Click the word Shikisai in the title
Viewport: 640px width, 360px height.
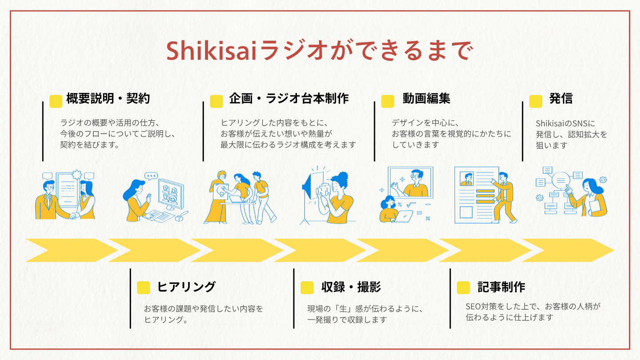pos(212,51)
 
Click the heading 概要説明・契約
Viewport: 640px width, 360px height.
pos(108,99)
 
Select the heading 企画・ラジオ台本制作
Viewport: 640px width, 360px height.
pos(289,99)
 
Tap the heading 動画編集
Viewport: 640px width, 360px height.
pos(426,99)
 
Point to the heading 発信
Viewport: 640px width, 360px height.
pos(561,99)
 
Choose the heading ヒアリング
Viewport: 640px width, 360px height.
pos(186,287)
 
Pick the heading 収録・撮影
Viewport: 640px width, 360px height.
pos(351,287)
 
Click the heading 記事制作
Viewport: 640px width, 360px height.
pos(501,287)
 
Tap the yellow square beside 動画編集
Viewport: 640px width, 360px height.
pos(388,101)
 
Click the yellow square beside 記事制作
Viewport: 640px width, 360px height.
pos(464,288)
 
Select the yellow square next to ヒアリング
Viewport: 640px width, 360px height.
pos(144,288)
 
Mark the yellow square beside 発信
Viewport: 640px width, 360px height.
pos(536,101)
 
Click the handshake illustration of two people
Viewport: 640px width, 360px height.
pos(66,198)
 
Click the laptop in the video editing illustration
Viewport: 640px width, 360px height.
pos(407,216)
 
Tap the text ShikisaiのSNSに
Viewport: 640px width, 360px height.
pos(565,123)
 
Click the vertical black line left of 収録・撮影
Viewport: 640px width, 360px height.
pos(294,298)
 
